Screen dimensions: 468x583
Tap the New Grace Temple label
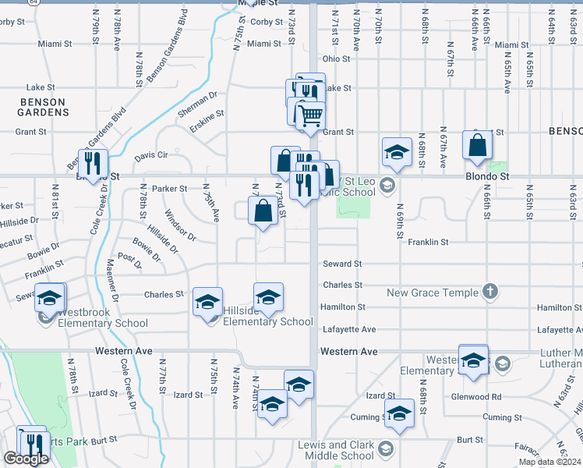pos(433,292)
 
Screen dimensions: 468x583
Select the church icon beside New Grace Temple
pos(489,292)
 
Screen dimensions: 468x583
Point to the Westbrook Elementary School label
pos(103,323)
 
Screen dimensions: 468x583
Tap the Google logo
pos(25,459)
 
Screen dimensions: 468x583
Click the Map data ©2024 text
pos(549,462)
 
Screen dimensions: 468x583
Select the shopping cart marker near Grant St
pos(310,115)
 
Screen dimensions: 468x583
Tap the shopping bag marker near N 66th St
pos(477,145)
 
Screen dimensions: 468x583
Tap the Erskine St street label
pos(208,119)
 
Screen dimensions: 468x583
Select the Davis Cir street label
pos(151,155)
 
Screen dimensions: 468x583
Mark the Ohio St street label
pos(336,58)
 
